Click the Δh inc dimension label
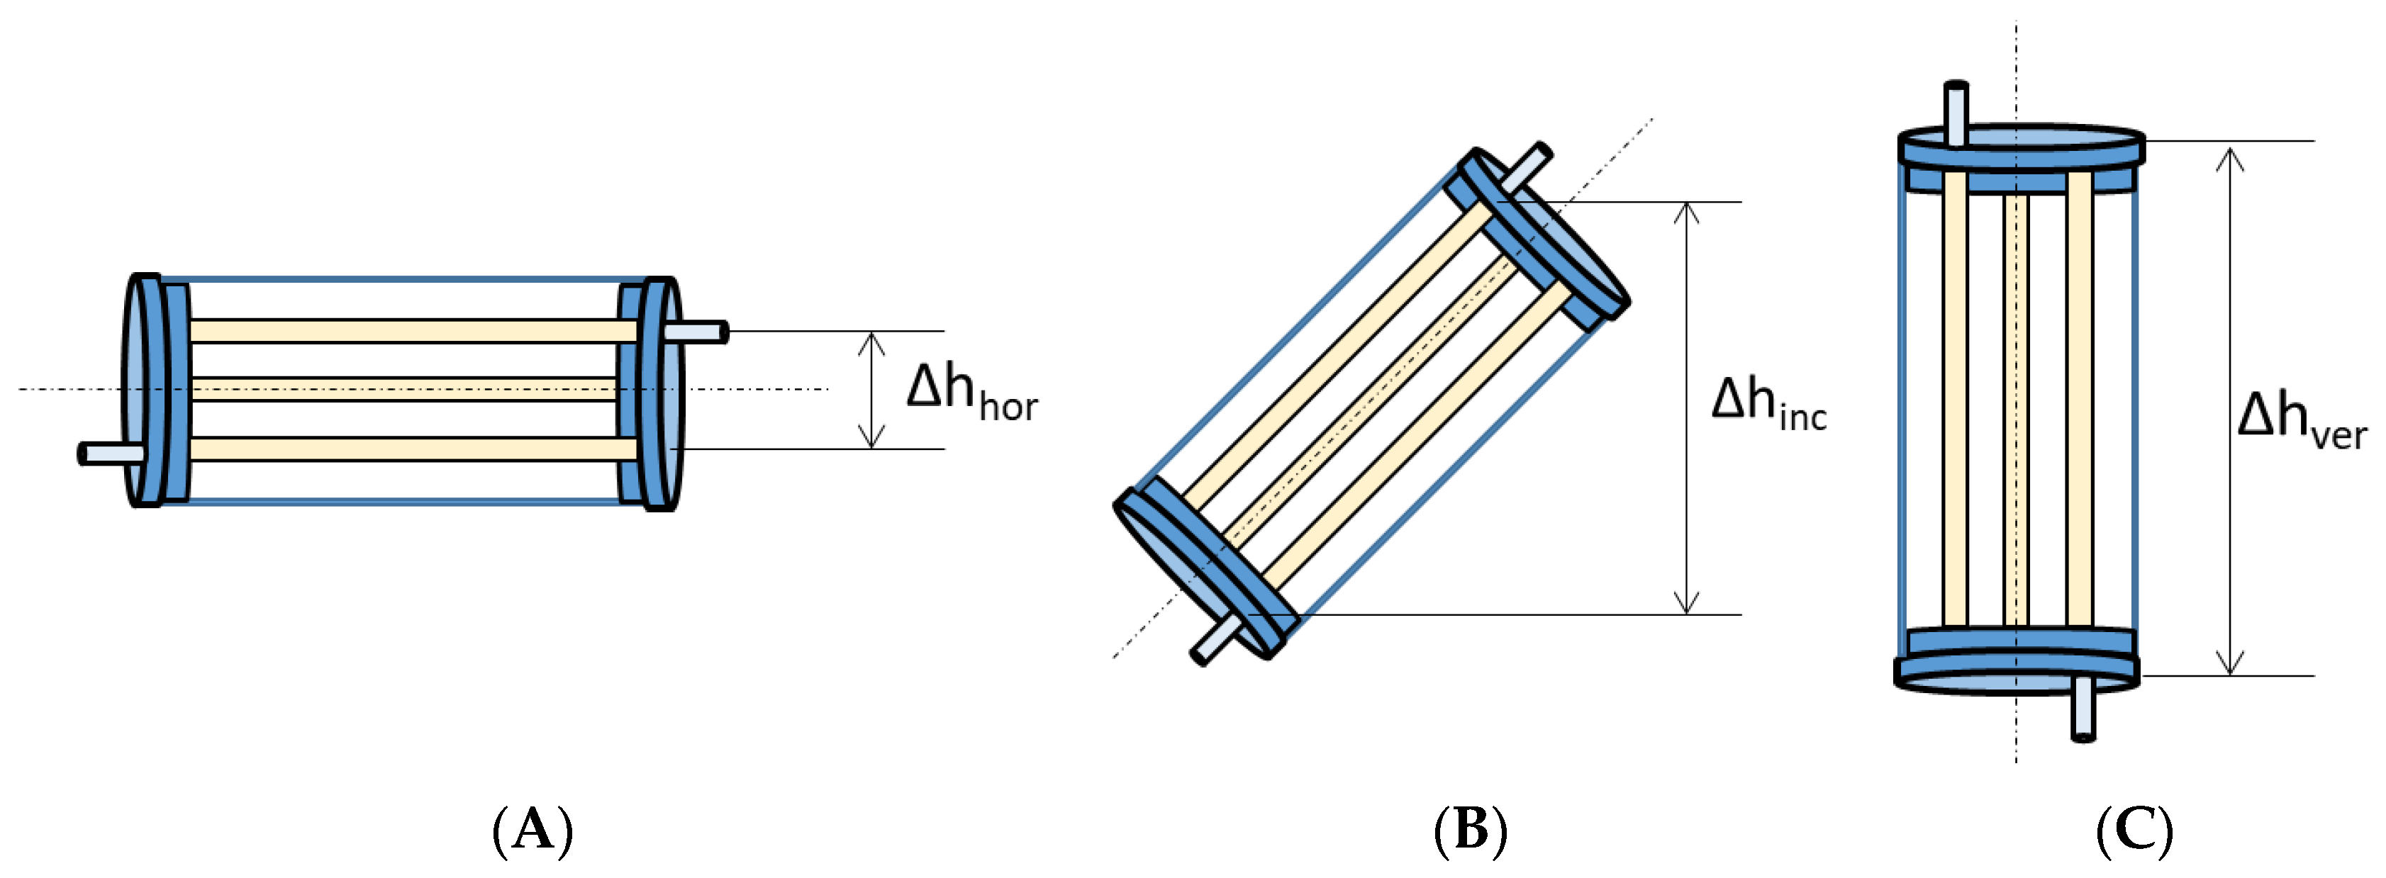(1767, 405)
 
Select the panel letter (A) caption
(532, 829)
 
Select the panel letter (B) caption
(1471, 829)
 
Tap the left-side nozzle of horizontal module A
(111, 454)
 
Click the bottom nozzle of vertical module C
(2083, 709)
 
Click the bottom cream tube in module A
(408, 449)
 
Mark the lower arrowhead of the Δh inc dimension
(1687, 603)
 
